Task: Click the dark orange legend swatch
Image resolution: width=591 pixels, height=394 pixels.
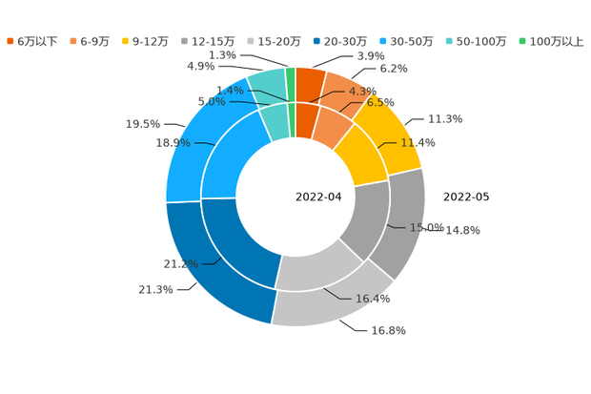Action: pos(10,41)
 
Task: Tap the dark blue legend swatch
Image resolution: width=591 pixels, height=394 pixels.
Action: pos(315,41)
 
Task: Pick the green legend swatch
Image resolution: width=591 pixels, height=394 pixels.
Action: pos(521,41)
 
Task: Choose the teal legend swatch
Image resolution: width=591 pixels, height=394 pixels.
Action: pos(448,41)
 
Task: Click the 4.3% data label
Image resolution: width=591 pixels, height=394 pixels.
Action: pos(358,92)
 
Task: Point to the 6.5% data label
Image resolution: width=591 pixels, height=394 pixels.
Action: pos(381,101)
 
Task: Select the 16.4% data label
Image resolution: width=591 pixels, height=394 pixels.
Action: pos(374,299)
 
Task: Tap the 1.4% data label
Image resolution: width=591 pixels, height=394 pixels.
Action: pos(229,90)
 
